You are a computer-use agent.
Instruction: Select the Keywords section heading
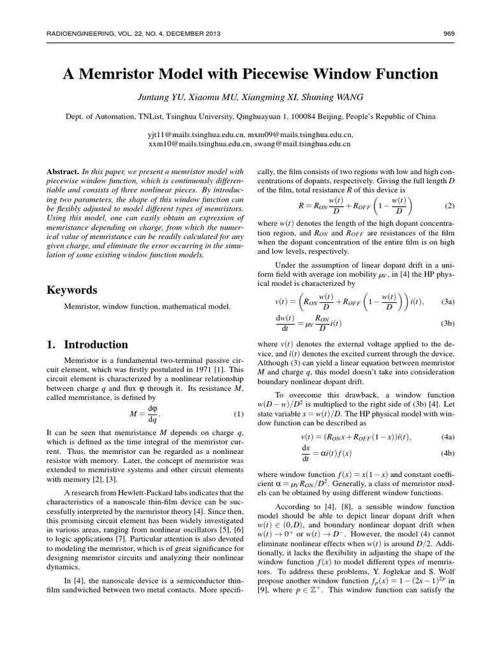tap(72, 290)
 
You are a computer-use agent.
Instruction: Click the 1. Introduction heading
tap(87, 345)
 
